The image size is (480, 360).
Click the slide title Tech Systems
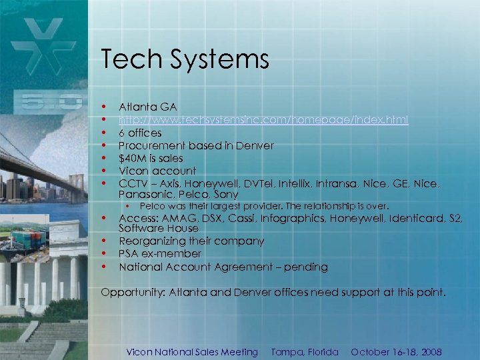[185, 60]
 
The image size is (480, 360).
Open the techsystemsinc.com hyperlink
[263, 120]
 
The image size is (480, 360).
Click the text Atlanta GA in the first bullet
[147, 107]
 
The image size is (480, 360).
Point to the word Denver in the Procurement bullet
[255, 145]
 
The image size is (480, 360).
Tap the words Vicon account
[157, 171]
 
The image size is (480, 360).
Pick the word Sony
[227, 195]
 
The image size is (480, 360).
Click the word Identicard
[415, 218]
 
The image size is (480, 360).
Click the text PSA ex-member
[160, 254]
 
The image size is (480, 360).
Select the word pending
[306, 267]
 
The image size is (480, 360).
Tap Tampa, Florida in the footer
[305, 352]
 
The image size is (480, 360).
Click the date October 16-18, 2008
[396, 352]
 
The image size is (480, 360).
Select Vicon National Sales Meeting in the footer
[192, 352]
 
